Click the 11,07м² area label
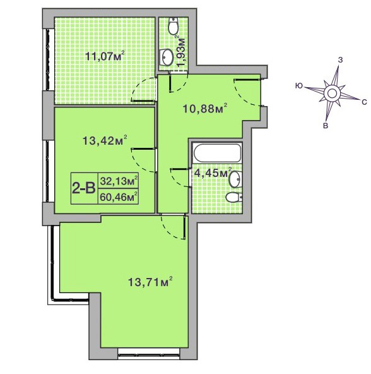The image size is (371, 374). (x=105, y=56)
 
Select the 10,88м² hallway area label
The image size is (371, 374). (x=204, y=109)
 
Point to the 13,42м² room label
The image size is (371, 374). (x=105, y=140)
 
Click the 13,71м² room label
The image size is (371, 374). (x=150, y=282)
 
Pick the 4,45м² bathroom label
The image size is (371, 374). (x=213, y=172)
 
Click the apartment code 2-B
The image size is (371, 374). (x=84, y=188)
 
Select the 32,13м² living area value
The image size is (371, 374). (x=119, y=181)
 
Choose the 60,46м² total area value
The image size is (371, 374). (x=119, y=197)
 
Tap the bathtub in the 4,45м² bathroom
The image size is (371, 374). (x=216, y=153)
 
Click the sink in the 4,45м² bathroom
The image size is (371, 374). (x=235, y=179)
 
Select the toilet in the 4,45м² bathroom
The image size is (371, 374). (x=233, y=197)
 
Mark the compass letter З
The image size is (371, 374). (x=341, y=60)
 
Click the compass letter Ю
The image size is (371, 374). (x=299, y=86)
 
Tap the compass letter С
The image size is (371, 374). (x=364, y=102)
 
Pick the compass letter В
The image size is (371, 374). (x=325, y=126)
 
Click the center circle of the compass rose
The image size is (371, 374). (x=331, y=93)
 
